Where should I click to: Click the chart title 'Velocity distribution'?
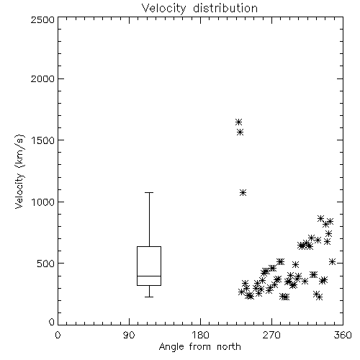coord(199,8)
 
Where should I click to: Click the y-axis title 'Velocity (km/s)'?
coord(19,171)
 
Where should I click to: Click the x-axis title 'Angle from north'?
coord(199,347)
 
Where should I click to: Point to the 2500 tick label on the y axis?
coord(42,19)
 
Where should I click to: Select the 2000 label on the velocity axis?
coord(42,78)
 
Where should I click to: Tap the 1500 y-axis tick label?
coord(43,140)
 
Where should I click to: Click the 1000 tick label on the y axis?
coord(43,202)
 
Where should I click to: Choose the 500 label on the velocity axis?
coord(46,264)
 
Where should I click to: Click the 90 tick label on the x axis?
coord(129,335)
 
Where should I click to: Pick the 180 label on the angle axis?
coord(200,335)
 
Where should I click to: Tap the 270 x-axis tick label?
coord(271,335)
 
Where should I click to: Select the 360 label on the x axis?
coord(343,335)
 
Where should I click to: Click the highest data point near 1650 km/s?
coord(238,122)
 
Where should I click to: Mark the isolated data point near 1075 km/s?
coord(243,192)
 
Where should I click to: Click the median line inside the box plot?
coord(149,276)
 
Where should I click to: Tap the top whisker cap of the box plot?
coord(149,192)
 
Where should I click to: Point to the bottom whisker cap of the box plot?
coord(149,297)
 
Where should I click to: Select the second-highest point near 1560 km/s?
coord(240,132)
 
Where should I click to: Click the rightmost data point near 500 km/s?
coord(332,261)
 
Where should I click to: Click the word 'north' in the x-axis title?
coord(229,347)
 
